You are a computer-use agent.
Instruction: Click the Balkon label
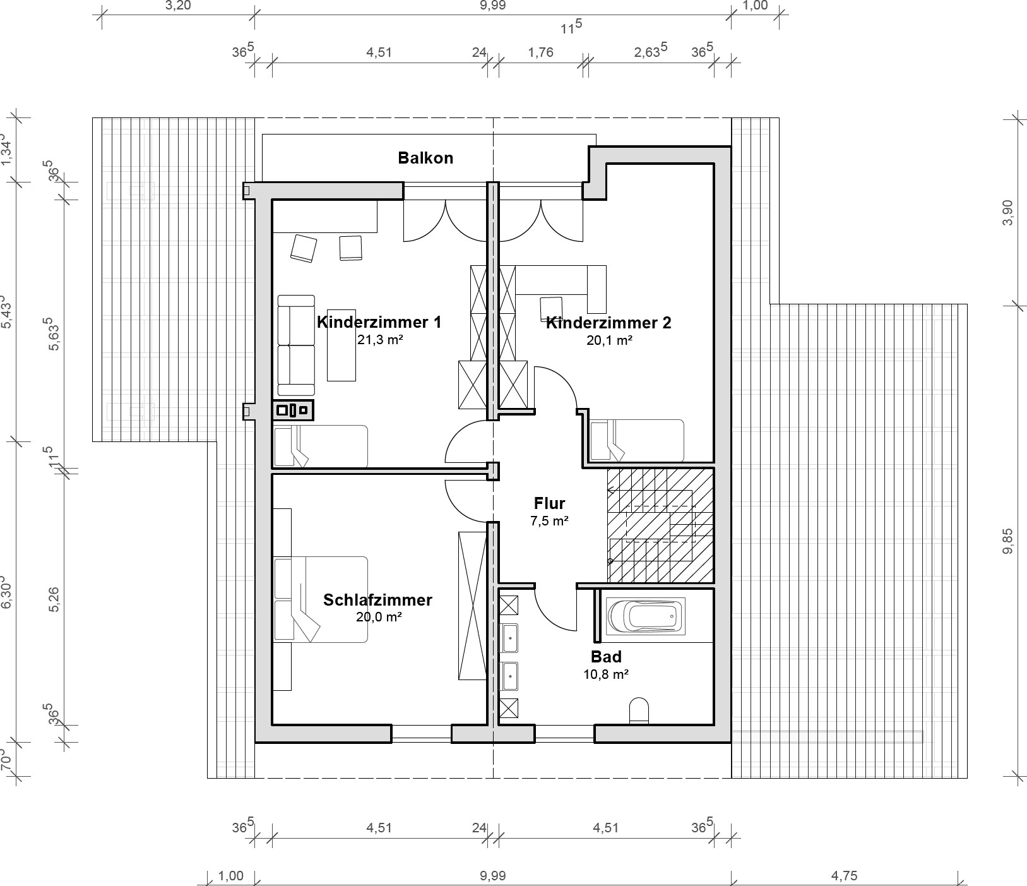425,158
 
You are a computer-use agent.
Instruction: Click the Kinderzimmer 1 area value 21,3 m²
379,340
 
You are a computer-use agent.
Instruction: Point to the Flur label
549,503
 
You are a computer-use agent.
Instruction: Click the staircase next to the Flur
660,525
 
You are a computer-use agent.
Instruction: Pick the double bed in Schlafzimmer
321,599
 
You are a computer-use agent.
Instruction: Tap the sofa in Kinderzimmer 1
296,345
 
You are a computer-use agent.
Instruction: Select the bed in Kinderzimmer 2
637,441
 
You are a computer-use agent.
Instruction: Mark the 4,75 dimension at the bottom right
844,876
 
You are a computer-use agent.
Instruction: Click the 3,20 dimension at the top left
177,6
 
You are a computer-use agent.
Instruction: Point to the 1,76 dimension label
540,52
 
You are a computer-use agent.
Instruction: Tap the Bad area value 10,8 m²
605,674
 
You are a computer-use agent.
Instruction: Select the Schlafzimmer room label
377,599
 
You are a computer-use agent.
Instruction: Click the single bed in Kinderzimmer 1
320,446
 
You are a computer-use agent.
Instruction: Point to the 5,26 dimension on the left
55,599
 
